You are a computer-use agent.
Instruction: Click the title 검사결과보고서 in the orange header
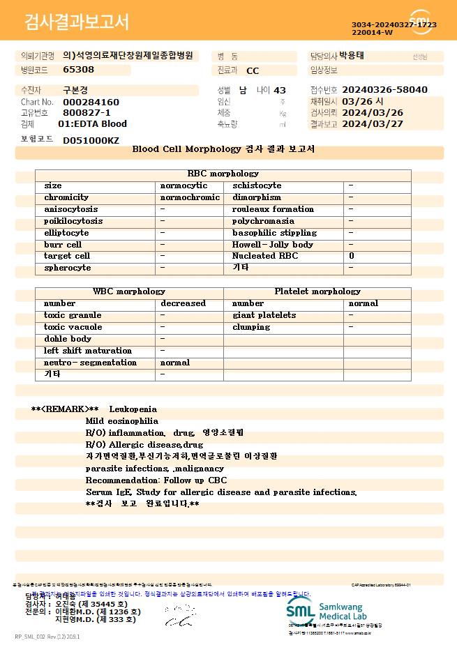(x=77, y=22)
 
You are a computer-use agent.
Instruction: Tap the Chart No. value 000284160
(x=91, y=103)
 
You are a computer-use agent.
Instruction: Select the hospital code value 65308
(x=78, y=70)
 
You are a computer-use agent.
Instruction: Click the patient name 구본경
(x=76, y=90)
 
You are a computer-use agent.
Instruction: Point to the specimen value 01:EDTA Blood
(x=92, y=124)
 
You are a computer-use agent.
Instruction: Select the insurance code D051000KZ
(x=91, y=140)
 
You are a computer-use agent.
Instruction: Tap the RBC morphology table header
(x=223, y=174)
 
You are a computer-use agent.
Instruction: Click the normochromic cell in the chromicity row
(x=190, y=197)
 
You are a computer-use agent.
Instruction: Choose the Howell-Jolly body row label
(x=273, y=245)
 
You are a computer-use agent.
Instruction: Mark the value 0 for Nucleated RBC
(x=352, y=257)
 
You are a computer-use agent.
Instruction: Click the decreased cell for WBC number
(x=183, y=303)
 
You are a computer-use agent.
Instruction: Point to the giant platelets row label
(x=264, y=315)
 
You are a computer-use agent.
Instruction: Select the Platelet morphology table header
(x=317, y=291)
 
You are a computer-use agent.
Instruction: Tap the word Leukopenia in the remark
(x=133, y=409)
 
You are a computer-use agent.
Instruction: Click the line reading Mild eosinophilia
(x=122, y=421)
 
